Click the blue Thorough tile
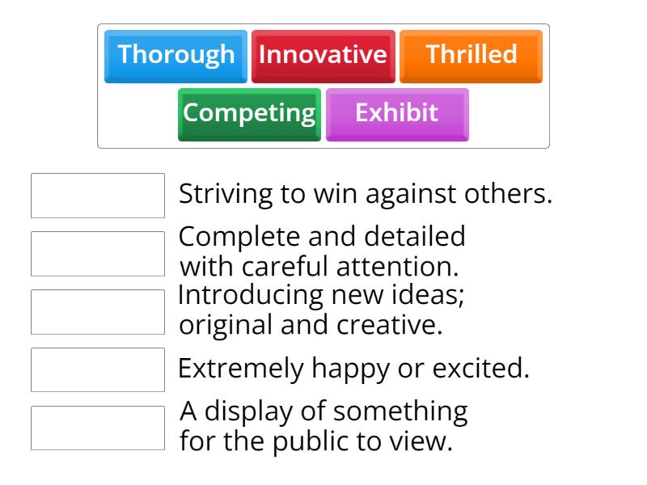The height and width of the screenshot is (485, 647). [x=175, y=56]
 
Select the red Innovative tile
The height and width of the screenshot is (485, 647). [x=323, y=56]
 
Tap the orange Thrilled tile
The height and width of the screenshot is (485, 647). [x=471, y=56]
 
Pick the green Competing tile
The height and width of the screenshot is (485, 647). [x=249, y=113]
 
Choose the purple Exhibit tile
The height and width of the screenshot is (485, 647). [x=397, y=113]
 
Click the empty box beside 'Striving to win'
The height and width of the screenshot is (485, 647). [x=98, y=196]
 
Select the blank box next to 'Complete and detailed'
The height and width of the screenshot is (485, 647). [x=98, y=254]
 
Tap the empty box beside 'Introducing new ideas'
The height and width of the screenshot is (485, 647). [x=98, y=312]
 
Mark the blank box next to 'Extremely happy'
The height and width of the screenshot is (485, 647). [x=98, y=369]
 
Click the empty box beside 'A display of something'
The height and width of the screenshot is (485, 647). [x=98, y=428]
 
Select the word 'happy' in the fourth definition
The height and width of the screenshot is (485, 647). [x=345, y=369]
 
